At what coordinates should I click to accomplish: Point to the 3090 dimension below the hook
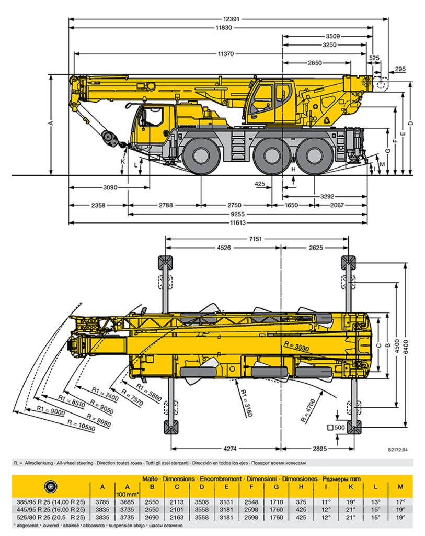click(x=109, y=187)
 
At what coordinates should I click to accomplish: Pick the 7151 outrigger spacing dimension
click(x=257, y=239)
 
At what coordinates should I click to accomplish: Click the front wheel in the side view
click(x=202, y=155)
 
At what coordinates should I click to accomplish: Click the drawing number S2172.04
click(x=397, y=449)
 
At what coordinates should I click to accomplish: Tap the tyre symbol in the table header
click(x=51, y=485)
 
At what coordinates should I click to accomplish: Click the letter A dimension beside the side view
click(x=51, y=122)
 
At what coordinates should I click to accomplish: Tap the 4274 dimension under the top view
click(x=226, y=448)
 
